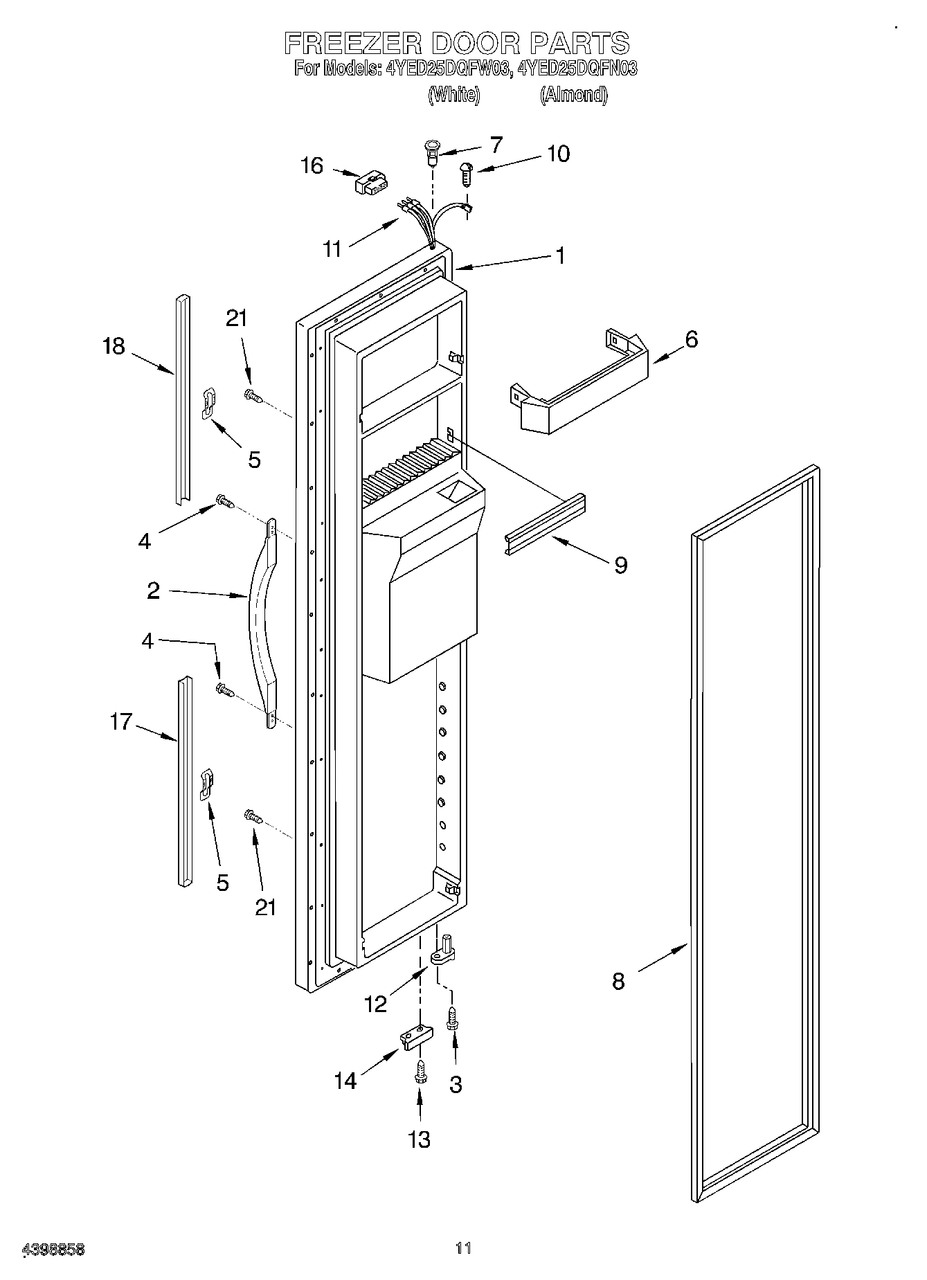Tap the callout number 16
pyautogui.click(x=312, y=166)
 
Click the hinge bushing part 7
pyautogui.click(x=431, y=152)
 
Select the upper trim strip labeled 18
pyautogui.click(x=182, y=399)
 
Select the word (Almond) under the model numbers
pyautogui.click(x=573, y=95)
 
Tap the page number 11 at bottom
pyautogui.click(x=463, y=1248)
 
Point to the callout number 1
pyautogui.click(x=560, y=255)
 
